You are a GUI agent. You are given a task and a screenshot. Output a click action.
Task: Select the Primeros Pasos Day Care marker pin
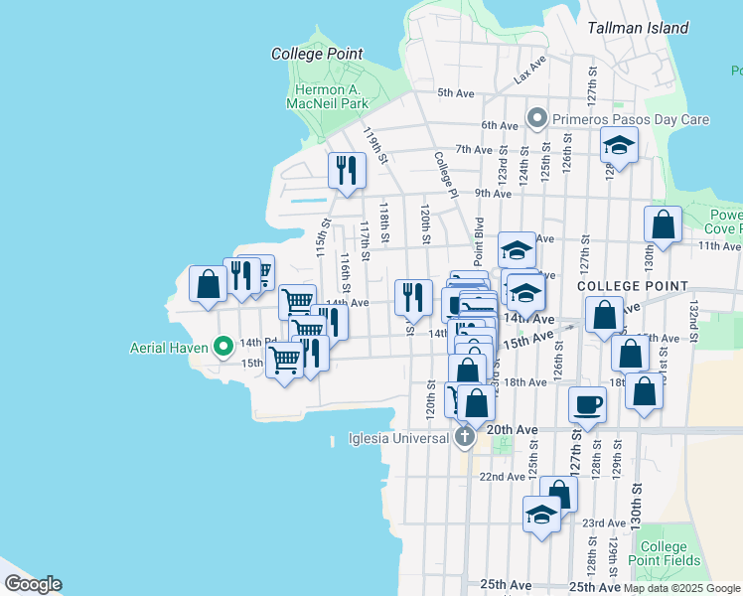(537, 120)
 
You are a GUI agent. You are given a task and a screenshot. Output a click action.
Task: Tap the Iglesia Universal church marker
(464, 437)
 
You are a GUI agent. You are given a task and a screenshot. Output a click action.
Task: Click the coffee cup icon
(587, 404)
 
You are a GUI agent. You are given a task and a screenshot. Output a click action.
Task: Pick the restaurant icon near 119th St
(347, 170)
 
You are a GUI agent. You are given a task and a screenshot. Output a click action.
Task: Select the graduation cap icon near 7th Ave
(619, 146)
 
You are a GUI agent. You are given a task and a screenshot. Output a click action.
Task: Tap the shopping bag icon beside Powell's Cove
(663, 224)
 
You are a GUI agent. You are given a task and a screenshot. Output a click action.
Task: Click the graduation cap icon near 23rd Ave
(541, 515)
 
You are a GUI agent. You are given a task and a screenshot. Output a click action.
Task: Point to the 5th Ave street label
(457, 93)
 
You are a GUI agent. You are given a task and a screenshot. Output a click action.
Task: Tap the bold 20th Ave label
(513, 430)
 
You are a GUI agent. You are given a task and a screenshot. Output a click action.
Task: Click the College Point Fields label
(664, 553)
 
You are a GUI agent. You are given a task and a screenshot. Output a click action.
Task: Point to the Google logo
(33, 584)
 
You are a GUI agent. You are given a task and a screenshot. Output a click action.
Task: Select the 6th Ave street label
(500, 125)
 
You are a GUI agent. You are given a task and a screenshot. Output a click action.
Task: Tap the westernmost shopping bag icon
(208, 284)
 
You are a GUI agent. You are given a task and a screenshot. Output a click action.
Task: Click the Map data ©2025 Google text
(681, 588)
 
